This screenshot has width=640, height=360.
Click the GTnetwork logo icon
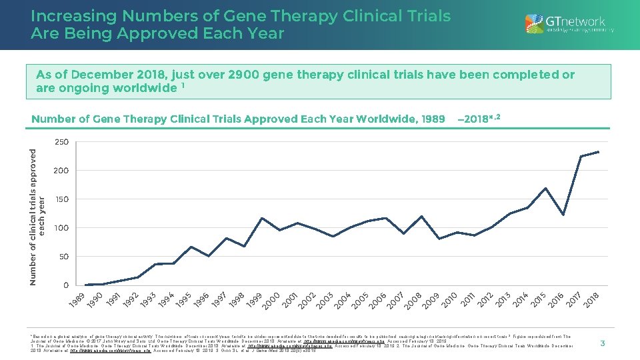(534, 24)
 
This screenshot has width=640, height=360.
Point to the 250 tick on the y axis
(61, 142)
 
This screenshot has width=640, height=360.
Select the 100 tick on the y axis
(61, 228)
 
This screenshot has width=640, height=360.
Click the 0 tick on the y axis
(65, 285)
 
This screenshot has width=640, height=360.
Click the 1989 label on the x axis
(77, 300)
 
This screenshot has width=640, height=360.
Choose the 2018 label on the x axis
(591, 300)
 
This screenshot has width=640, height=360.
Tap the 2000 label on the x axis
(271, 300)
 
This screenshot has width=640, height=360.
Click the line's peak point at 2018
(599, 152)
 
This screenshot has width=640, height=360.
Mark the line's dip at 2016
(563, 215)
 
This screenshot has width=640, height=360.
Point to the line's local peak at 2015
(545, 188)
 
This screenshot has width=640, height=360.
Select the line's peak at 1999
(262, 218)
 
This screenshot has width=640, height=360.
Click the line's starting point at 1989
(85, 285)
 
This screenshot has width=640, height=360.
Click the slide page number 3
(602, 343)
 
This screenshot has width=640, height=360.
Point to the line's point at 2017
(581, 157)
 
